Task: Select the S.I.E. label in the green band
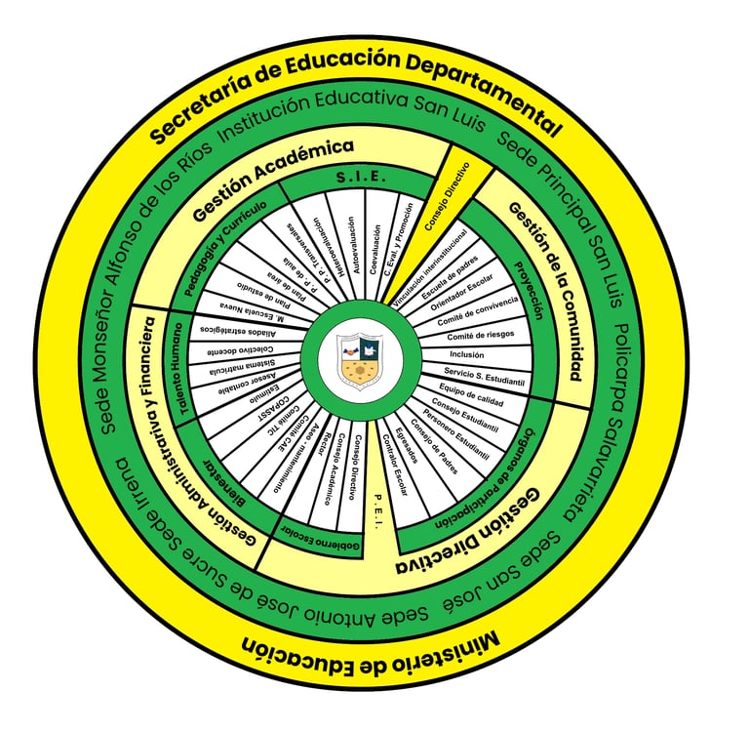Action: pos(362,178)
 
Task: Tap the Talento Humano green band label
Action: pos(177,366)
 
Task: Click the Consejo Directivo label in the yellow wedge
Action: pos(446,199)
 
